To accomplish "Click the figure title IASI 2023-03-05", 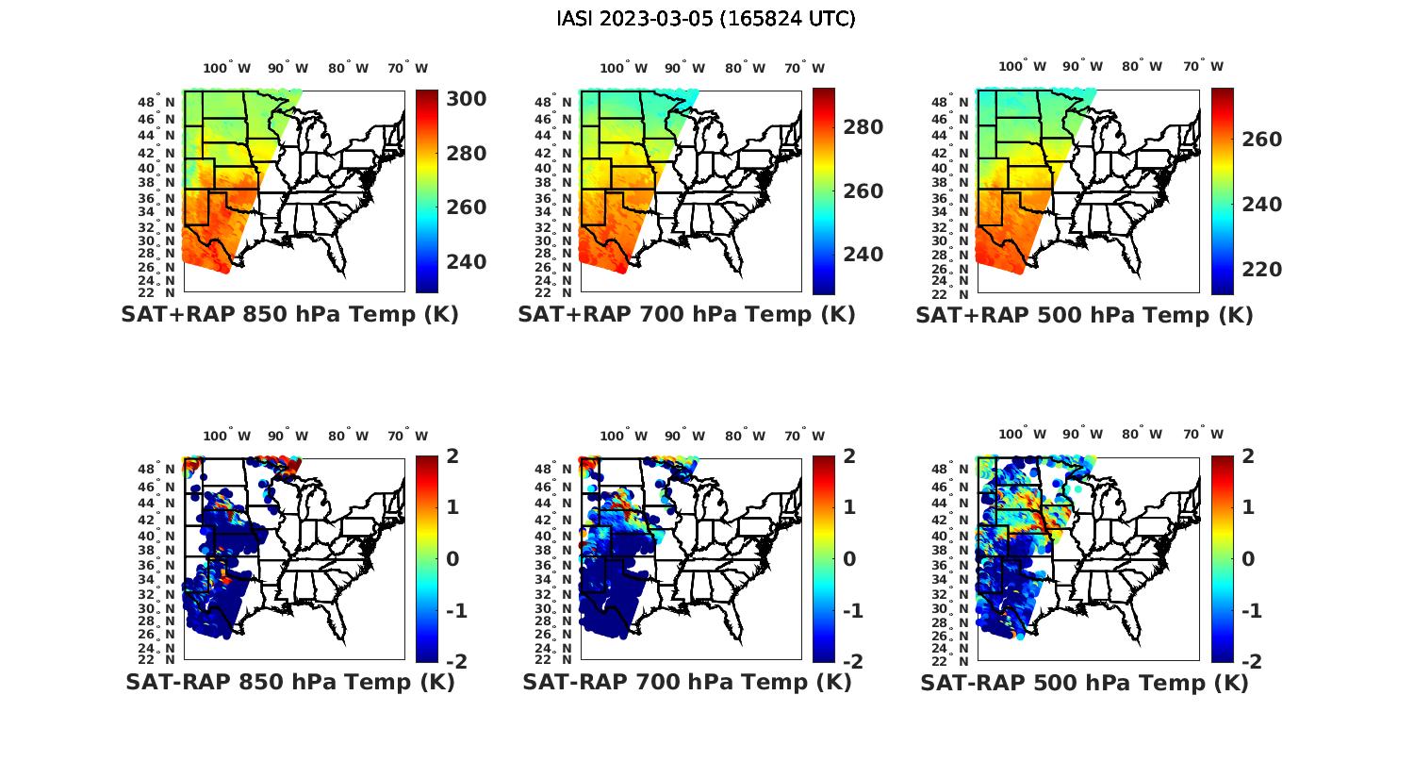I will coord(706,19).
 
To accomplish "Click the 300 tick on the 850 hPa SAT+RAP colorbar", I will coord(466,99).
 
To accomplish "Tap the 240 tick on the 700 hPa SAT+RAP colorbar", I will coord(863,255).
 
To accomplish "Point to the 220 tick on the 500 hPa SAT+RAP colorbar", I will coord(1261,270).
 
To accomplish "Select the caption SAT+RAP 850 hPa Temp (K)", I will coord(289,315).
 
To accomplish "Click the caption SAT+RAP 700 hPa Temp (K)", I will coord(686,315).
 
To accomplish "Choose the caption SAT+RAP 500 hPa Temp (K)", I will coord(1084,316).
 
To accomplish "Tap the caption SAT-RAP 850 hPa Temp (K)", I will coord(289,682).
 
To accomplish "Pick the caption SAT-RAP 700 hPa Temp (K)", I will coord(686,682).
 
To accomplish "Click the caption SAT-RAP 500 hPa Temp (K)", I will coord(1084,683).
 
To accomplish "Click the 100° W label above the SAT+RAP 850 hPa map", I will coord(227,68).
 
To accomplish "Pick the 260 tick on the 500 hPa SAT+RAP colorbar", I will coord(1261,140).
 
